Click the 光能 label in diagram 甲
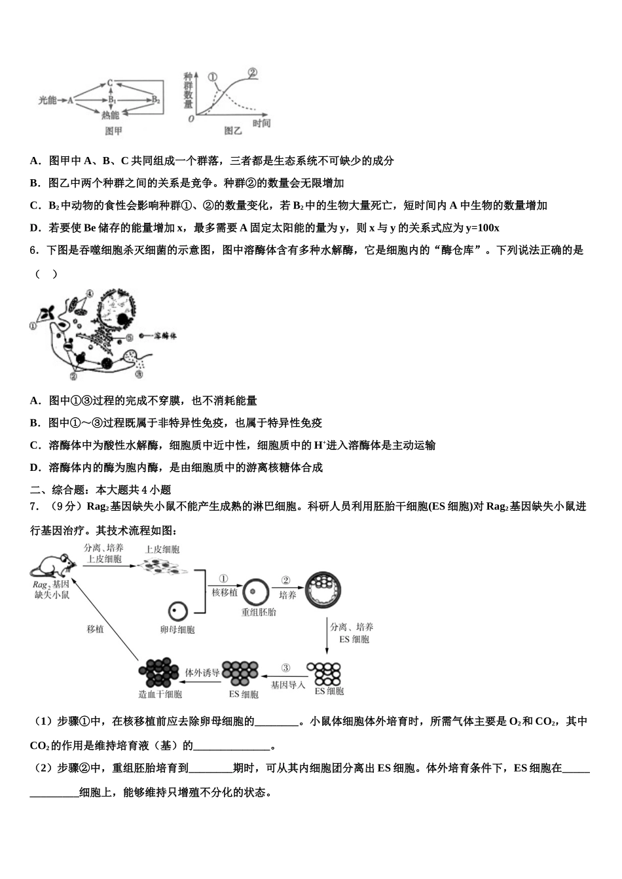tap(47, 100)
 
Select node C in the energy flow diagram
tap(110, 82)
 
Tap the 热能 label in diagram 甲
tap(110, 115)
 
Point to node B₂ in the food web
tap(156, 100)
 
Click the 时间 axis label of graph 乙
tap(261, 124)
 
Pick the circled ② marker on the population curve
tap(252, 73)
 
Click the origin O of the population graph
tap(191, 118)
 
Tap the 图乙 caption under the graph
tap(232, 131)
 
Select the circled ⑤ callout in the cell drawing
tap(130, 337)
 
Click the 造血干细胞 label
tap(160, 695)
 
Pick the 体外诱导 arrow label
tap(202, 672)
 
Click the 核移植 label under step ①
tap(225, 592)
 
